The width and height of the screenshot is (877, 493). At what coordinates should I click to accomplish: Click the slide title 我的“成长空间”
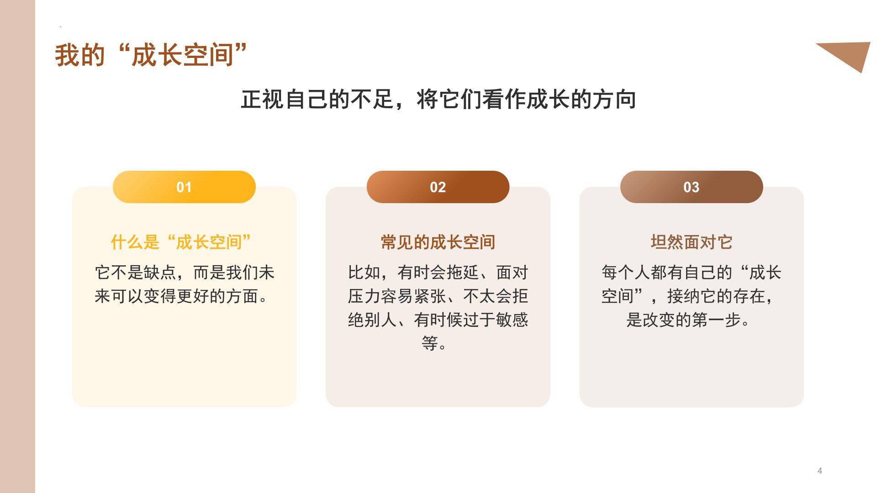(151, 55)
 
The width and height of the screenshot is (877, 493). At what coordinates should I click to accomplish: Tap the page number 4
(820, 471)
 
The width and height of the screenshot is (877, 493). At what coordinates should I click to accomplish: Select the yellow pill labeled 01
(184, 187)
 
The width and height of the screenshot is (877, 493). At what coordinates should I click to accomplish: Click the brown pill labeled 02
(438, 187)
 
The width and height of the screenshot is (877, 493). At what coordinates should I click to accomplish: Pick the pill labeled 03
(692, 187)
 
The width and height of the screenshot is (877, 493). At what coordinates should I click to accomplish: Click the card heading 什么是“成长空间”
(181, 242)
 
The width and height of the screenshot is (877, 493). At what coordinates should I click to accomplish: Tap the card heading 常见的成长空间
(438, 242)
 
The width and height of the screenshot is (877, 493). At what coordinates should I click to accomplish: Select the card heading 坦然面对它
(692, 242)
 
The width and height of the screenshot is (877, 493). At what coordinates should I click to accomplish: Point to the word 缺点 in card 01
(160, 273)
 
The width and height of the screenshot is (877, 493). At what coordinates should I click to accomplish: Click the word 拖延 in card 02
(463, 273)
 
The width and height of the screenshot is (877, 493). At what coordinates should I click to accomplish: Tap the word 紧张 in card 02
(430, 296)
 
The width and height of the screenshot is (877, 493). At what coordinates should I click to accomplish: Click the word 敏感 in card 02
(512, 320)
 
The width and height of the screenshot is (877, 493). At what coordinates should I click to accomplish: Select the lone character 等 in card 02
(430, 343)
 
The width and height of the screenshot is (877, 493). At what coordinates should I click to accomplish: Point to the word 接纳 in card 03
(683, 296)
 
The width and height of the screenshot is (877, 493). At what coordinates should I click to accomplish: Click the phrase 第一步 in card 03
(716, 320)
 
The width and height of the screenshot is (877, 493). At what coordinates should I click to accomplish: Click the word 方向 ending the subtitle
(614, 100)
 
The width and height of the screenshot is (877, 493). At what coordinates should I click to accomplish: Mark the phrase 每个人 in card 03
(626, 273)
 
